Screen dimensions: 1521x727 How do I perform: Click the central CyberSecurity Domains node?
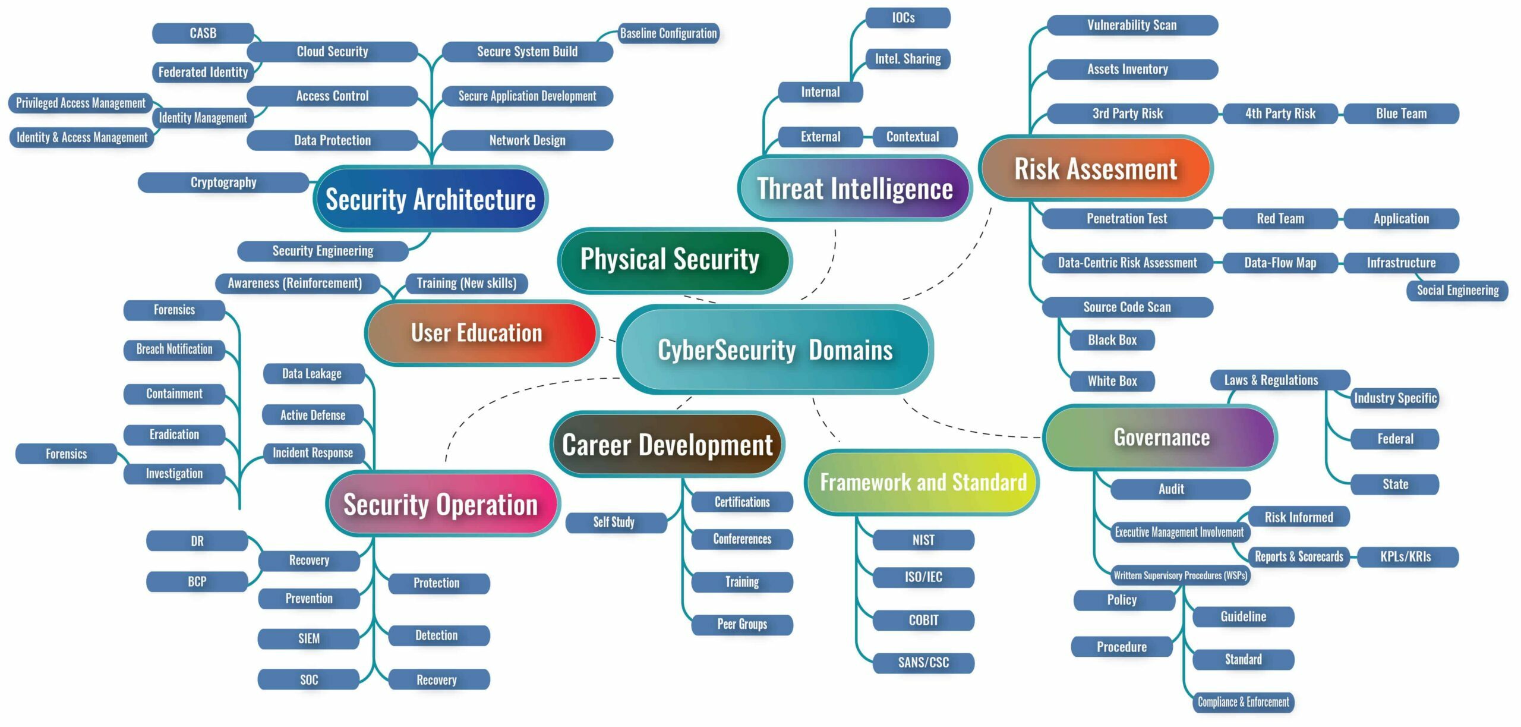[775, 350]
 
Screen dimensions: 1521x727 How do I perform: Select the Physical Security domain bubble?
[674, 260]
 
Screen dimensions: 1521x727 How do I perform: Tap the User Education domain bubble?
[481, 333]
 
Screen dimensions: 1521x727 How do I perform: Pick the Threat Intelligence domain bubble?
[854, 188]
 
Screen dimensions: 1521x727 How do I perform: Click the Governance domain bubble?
[1160, 438]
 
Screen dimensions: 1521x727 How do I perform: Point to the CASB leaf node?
[203, 33]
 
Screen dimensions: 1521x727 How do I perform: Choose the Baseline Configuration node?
[668, 33]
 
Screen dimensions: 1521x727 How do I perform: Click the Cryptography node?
[223, 182]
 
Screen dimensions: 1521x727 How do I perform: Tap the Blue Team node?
[1401, 114]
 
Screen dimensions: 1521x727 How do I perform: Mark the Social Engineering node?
[1457, 290]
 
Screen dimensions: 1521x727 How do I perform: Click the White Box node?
[1112, 381]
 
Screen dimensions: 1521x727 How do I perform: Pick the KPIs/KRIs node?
[1407, 557]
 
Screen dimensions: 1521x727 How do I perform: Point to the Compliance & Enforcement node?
[1244, 702]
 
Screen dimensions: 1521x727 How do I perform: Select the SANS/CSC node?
[923, 663]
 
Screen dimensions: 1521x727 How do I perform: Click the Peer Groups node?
[742, 624]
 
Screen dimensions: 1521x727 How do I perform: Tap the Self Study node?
[614, 523]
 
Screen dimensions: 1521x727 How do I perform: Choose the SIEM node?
[309, 639]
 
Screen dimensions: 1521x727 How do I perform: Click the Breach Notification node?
[174, 350]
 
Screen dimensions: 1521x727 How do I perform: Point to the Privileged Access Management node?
[81, 103]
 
